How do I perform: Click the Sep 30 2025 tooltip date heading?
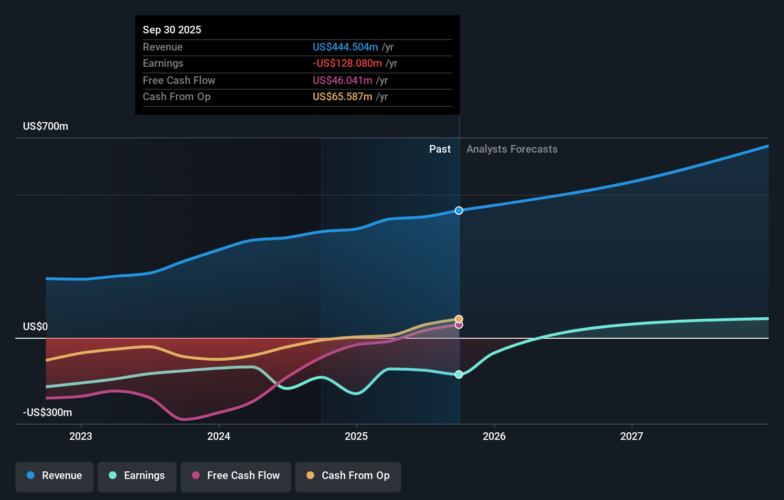(172, 30)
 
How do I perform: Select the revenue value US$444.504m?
(345, 47)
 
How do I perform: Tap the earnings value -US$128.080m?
(347, 63)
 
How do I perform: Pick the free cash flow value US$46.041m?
(342, 80)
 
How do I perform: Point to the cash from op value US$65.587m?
(342, 96)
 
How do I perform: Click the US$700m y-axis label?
(46, 126)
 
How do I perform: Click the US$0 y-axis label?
(35, 326)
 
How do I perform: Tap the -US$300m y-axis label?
(48, 412)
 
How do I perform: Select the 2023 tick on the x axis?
(81, 436)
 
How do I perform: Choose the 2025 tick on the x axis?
(356, 436)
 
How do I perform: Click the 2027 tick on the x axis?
(631, 436)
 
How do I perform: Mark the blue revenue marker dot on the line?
(459, 210)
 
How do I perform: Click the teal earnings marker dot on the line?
(459, 375)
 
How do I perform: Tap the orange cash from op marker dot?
(459, 319)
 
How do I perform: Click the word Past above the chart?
(440, 149)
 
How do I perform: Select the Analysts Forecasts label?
(512, 149)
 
